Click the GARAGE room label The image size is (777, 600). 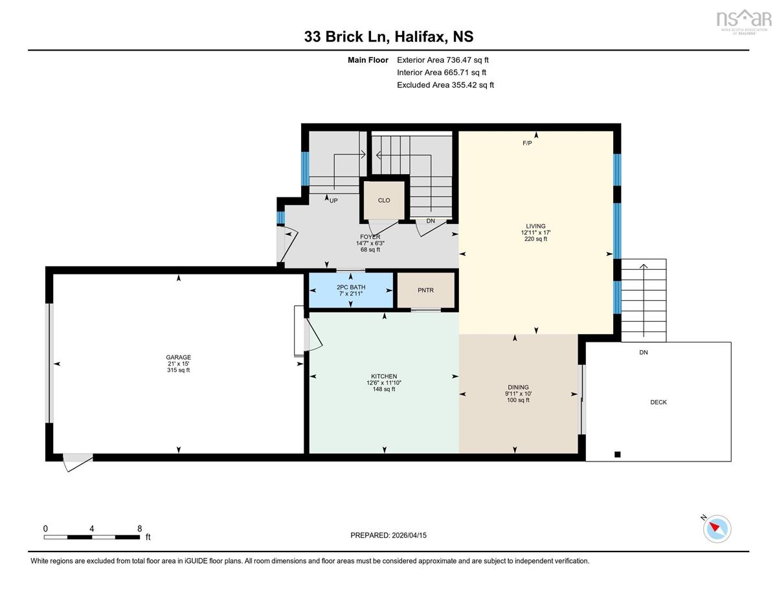(179, 357)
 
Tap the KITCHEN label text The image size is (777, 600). (384, 376)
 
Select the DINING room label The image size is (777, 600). (518, 387)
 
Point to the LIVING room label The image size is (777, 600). (535, 226)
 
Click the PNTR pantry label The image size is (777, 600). (425, 290)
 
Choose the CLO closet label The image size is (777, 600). (384, 200)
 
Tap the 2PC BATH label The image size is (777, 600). (351, 287)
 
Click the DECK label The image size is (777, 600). (659, 402)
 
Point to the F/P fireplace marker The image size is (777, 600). (527, 143)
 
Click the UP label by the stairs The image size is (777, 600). (333, 201)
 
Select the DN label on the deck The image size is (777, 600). (644, 352)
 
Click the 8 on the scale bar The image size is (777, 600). (139, 529)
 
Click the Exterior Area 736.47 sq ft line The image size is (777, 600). (443, 60)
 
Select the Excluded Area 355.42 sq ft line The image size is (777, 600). (445, 85)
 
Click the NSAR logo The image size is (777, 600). (744, 21)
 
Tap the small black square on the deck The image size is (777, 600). (618, 454)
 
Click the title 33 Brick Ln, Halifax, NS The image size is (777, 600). (388, 37)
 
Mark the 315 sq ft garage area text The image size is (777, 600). (179, 370)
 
